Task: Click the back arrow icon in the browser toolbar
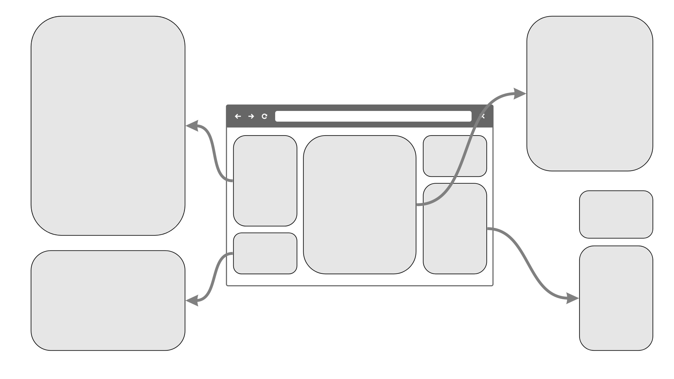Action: [237, 116]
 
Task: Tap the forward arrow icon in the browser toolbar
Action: [251, 116]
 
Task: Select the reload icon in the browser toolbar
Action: [265, 116]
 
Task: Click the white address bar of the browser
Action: [373, 116]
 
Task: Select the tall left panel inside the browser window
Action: [265, 181]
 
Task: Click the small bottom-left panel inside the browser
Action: [265, 253]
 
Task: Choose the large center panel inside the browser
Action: [359, 205]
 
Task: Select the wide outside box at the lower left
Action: [108, 300]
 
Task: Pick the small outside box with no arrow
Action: [616, 214]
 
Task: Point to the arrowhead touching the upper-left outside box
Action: [192, 126]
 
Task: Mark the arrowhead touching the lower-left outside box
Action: [192, 301]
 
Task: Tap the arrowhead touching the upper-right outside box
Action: [519, 93]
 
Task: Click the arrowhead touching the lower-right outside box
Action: [572, 298]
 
